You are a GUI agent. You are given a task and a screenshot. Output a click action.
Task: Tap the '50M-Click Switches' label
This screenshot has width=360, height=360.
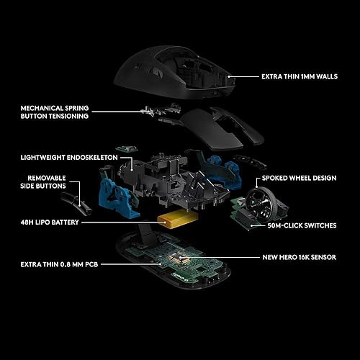click(x=302, y=225)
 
